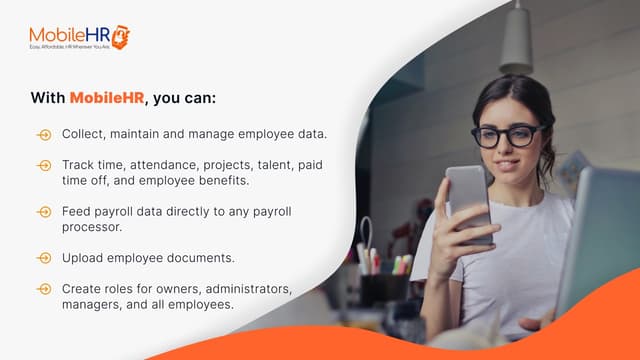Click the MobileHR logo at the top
(x=79, y=37)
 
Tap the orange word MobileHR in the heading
(x=106, y=98)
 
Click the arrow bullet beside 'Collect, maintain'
(x=43, y=134)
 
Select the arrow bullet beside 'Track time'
(x=43, y=164)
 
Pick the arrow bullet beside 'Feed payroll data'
(x=43, y=212)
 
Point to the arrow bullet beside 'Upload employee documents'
(x=43, y=258)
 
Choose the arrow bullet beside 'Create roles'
(x=43, y=289)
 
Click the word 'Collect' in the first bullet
(x=83, y=133)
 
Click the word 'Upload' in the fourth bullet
(x=82, y=258)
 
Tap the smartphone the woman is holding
(x=468, y=201)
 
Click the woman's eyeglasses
(x=506, y=135)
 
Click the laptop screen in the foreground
(x=602, y=240)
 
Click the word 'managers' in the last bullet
(x=92, y=304)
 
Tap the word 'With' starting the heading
(x=47, y=98)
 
